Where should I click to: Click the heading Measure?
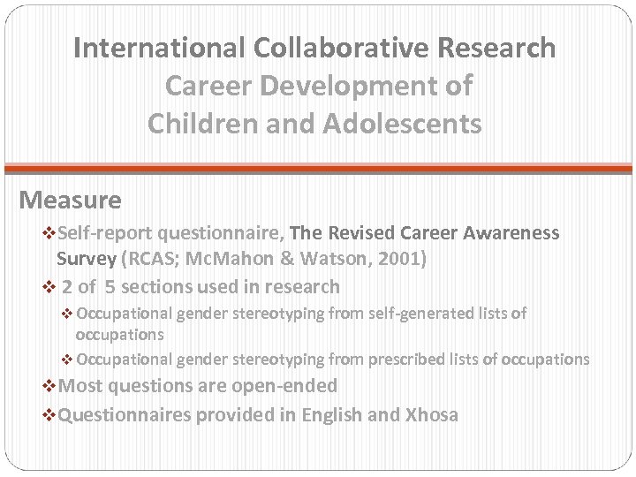[x=71, y=201]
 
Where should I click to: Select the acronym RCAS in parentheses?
[x=151, y=260]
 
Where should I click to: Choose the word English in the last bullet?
[x=334, y=413]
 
